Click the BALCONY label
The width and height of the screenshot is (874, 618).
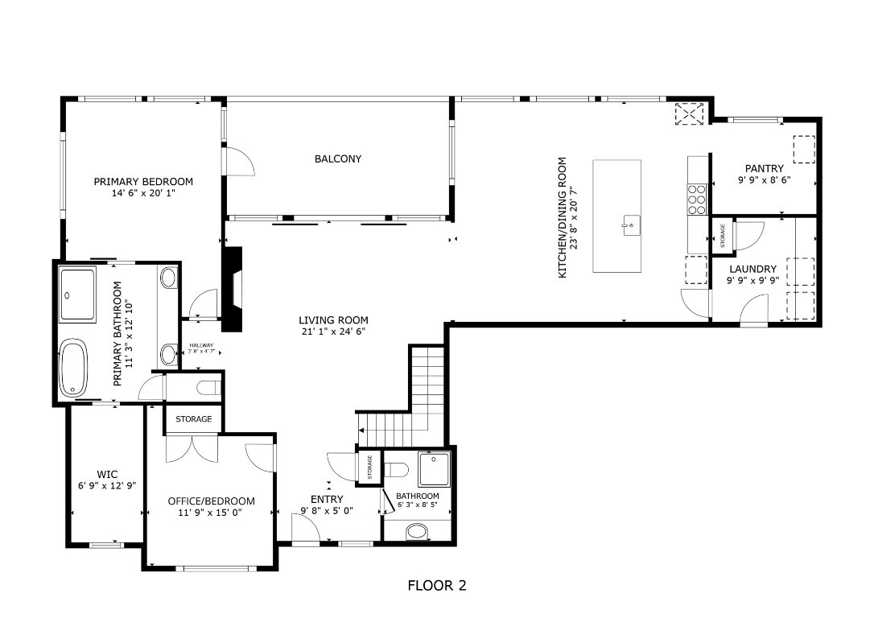click(337, 159)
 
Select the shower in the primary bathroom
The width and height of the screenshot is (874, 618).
click(78, 295)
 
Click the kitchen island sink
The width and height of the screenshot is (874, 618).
click(631, 225)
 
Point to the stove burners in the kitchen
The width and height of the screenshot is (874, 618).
click(696, 196)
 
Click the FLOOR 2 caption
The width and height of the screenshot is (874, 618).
click(437, 586)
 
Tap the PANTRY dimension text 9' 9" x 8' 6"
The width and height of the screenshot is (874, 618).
click(764, 180)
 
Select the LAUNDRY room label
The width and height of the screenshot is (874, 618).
click(752, 269)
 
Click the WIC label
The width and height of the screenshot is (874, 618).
click(107, 475)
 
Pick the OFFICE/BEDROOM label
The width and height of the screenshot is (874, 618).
click(211, 501)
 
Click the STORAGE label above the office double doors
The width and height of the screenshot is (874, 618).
click(194, 419)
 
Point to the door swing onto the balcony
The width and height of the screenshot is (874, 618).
click(240, 161)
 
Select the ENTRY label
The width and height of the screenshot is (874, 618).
click(328, 499)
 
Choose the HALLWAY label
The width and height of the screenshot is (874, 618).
click(201, 345)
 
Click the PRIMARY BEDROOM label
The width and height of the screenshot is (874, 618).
click(142, 182)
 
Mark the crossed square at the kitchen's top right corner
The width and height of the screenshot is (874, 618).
click(689, 113)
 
